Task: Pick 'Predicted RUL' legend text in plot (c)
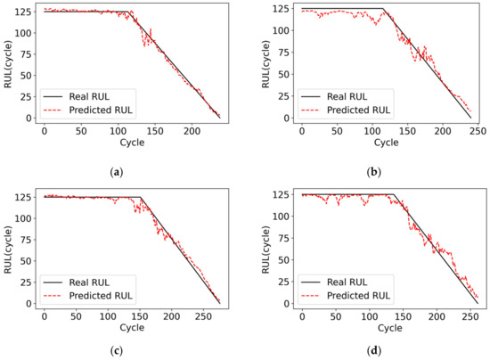pyautogui.click(x=102, y=295)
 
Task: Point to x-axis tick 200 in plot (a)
pyautogui.click(x=192, y=131)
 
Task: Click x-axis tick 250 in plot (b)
pyautogui.click(x=478, y=131)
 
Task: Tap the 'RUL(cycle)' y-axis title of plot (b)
pyautogui.click(x=265, y=61)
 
